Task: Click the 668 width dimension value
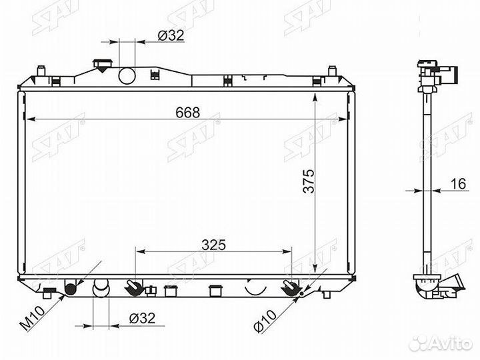pyautogui.click(x=187, y=113)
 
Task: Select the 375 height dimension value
pyautogui.click(x=309, y=181)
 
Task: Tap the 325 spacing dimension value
pyautogui.click(x=214, y=245)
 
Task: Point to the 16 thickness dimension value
pyautogui.click(x=458, y=184)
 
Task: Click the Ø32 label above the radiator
pyautogui.click(x=171, y=35)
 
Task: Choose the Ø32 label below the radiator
pyautogui.click(x=142, y=319)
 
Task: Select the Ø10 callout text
pyautogui.click(x=265, y=321)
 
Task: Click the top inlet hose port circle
pyautogui.click(x=127, y=75)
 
